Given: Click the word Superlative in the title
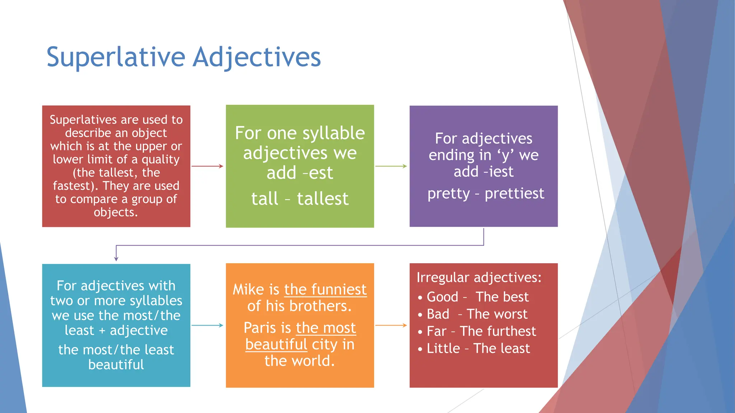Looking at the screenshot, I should pyautogui.click(x=116, y=57).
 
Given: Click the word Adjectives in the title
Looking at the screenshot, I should pyautogui.click(x=257, y=57).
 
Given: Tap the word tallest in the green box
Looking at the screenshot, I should pyautogui.click(x=323, y=199).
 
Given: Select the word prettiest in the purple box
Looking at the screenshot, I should pyautogui.click(x=514, y=194).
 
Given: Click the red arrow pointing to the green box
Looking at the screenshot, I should pyautogui.click(x=207, y=166).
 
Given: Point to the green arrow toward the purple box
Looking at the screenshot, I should pyautogui.click(x=391, y=166).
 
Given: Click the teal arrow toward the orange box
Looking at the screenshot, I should pyautogui.click(x=207, y=325).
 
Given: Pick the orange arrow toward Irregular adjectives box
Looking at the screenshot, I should pyautogui.click(x=391, y=325).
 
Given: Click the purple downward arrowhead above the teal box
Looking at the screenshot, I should pyautogui.click(x=116, y=258).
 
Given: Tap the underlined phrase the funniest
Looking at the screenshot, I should pyautogui.click(x=325, y=289).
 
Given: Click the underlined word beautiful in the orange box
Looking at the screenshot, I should pyautogui.click(x=276, y=345).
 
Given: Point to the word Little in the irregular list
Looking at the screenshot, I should pyautogui.click(x=443, y=348).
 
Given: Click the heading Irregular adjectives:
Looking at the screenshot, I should pyautogui.click(x=479, y=277).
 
